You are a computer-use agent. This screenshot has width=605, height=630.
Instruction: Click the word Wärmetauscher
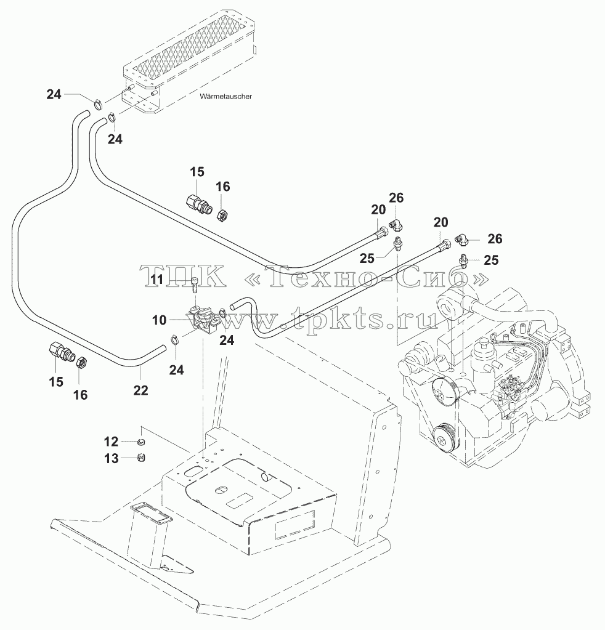(x=225, y=97)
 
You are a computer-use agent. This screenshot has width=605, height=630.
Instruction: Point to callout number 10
(x=159, y=320)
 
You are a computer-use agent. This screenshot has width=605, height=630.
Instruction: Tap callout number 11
(x=157, y=280)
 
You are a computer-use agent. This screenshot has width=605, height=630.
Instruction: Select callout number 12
(x=111, y=442)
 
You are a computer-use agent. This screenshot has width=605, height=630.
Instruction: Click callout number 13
(x=111, y=458)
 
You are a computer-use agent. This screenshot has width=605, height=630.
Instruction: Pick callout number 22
(x=140, y=390)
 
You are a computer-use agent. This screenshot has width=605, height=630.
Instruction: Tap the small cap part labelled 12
(x=140, y=442)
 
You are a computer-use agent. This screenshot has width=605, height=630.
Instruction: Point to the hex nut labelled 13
(x=140, y=457)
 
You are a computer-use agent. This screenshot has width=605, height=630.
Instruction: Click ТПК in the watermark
(x=184, y=277)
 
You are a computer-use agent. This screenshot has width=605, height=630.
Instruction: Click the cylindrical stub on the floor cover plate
(x=266, y=477)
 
